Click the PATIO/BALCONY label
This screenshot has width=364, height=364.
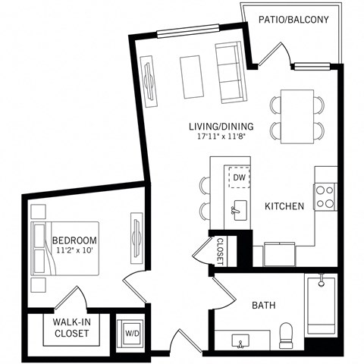(x=293, y=19)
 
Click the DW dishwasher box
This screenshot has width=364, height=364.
(x=239, y=177)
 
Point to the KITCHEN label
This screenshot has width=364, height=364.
(x=284, y=206)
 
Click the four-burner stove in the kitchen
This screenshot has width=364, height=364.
(x=325, y=197)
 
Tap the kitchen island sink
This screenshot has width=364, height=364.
(x=239, y=206)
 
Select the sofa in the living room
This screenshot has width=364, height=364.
(x=228, y=72)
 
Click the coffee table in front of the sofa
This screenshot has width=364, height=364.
(x=192, y=77)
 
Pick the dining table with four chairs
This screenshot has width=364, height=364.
(x=297, y=117)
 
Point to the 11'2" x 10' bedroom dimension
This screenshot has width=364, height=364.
(x=74, y=251)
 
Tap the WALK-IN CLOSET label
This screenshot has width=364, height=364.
(x=72, y=328)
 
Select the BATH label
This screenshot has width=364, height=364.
(x=263, y=306)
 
